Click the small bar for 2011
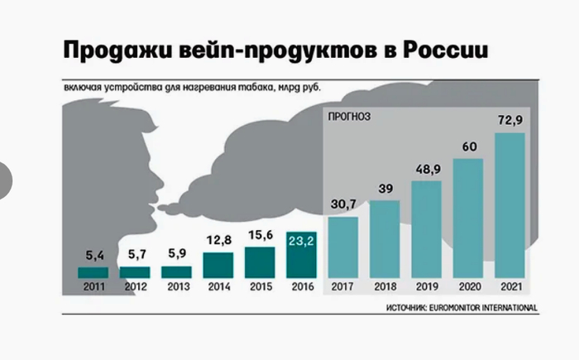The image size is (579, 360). tap(93, 272)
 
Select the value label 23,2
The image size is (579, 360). tap(301, 242)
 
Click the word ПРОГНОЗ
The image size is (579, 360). tap(350, 117)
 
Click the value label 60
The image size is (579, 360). tap(468, 148)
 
